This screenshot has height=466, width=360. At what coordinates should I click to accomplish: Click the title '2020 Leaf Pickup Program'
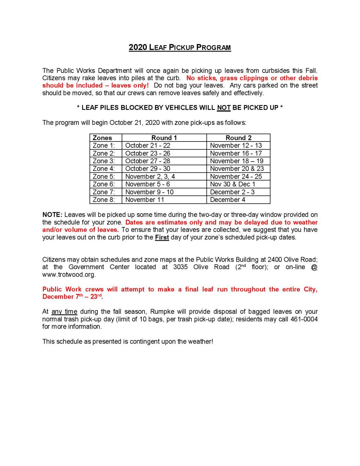180,47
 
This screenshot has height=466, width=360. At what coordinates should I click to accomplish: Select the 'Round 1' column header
164,138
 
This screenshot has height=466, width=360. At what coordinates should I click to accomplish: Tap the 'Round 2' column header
238,138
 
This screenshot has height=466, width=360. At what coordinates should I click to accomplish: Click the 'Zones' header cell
102,138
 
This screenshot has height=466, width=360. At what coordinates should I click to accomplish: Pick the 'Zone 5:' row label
104,176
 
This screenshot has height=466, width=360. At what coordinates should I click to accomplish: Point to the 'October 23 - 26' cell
147,153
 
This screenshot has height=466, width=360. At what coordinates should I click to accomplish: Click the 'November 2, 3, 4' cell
150,176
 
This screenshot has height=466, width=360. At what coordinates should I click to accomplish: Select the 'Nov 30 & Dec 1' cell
232,184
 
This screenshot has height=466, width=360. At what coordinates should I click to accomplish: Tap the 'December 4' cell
227,200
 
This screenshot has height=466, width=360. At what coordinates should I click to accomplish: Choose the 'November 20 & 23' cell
237,169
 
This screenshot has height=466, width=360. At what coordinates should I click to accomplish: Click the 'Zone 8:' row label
104,200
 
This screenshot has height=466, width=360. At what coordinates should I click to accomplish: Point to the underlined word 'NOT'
224,108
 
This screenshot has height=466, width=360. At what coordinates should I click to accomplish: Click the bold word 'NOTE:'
52,215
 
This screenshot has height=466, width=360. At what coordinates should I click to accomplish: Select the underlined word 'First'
162,237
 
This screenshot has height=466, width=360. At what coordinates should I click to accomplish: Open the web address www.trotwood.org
69,275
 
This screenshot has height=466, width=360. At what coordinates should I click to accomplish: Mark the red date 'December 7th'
63,297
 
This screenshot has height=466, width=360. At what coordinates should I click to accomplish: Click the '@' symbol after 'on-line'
314,267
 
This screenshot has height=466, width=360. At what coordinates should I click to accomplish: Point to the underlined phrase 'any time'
64,312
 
